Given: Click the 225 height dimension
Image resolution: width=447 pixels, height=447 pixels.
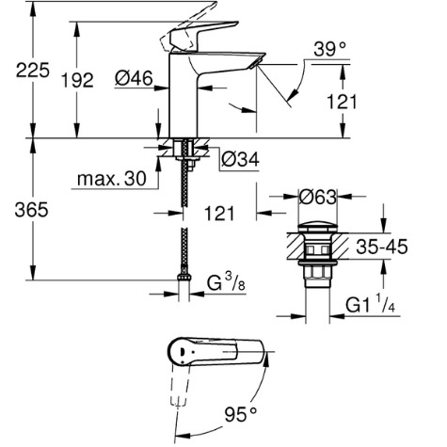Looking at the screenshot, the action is click(33, 70).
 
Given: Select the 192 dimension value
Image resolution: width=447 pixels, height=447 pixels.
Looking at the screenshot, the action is click(77, 80).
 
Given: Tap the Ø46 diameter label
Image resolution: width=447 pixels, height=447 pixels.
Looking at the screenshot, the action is click(134, 78).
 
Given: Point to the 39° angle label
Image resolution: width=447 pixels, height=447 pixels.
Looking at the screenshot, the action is click(329, 49).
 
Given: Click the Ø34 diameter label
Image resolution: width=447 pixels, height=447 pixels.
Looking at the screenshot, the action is click(240, 159).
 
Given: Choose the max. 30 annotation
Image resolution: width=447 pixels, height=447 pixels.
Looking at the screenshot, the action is click(112, 179).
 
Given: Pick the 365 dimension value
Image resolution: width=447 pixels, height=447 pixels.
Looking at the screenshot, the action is click(31, 210).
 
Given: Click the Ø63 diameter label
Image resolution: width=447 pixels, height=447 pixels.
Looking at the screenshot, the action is click(317, 198).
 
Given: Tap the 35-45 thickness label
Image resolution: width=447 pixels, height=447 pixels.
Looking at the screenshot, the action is click(382, 247).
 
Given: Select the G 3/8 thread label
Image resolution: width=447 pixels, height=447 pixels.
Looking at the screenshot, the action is click(227, 282).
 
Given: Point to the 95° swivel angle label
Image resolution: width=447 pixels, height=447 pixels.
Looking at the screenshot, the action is click(241, 415).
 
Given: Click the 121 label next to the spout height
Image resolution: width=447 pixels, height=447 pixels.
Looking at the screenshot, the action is click(342, 102).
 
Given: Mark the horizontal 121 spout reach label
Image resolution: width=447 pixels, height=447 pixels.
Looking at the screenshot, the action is click(219, 214).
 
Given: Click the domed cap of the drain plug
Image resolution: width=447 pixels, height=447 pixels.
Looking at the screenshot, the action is click(317, 227).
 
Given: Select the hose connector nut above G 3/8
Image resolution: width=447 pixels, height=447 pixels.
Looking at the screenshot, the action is click(184, 277).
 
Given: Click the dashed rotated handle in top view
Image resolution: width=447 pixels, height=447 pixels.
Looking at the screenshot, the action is click(180, 386).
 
